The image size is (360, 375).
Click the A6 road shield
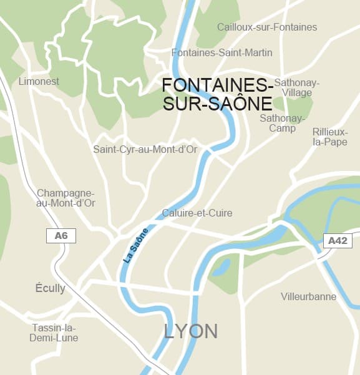click(61, 236)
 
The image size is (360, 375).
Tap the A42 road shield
click(338, 240)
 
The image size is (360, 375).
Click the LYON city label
click(191, 331)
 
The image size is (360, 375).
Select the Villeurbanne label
click(308, 296)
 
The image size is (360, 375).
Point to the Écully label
click(50, 288)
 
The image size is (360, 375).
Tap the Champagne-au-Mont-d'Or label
click(66, 198)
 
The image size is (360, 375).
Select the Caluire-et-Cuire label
click(197, 213)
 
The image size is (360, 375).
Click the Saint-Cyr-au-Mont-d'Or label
click(145, 149)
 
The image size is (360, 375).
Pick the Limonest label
click(39, 82)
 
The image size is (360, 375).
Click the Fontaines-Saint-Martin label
click(221, 53)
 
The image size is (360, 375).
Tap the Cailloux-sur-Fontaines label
click(267, 27)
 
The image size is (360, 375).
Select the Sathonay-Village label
click(297, 87)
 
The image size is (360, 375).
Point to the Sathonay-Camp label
click(283, 123)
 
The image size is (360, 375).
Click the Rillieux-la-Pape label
click(330, 136)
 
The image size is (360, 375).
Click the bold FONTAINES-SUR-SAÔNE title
click(217, 94)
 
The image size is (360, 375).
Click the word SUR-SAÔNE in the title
click(217, 104)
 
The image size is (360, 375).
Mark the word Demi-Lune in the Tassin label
click(54, 338)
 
